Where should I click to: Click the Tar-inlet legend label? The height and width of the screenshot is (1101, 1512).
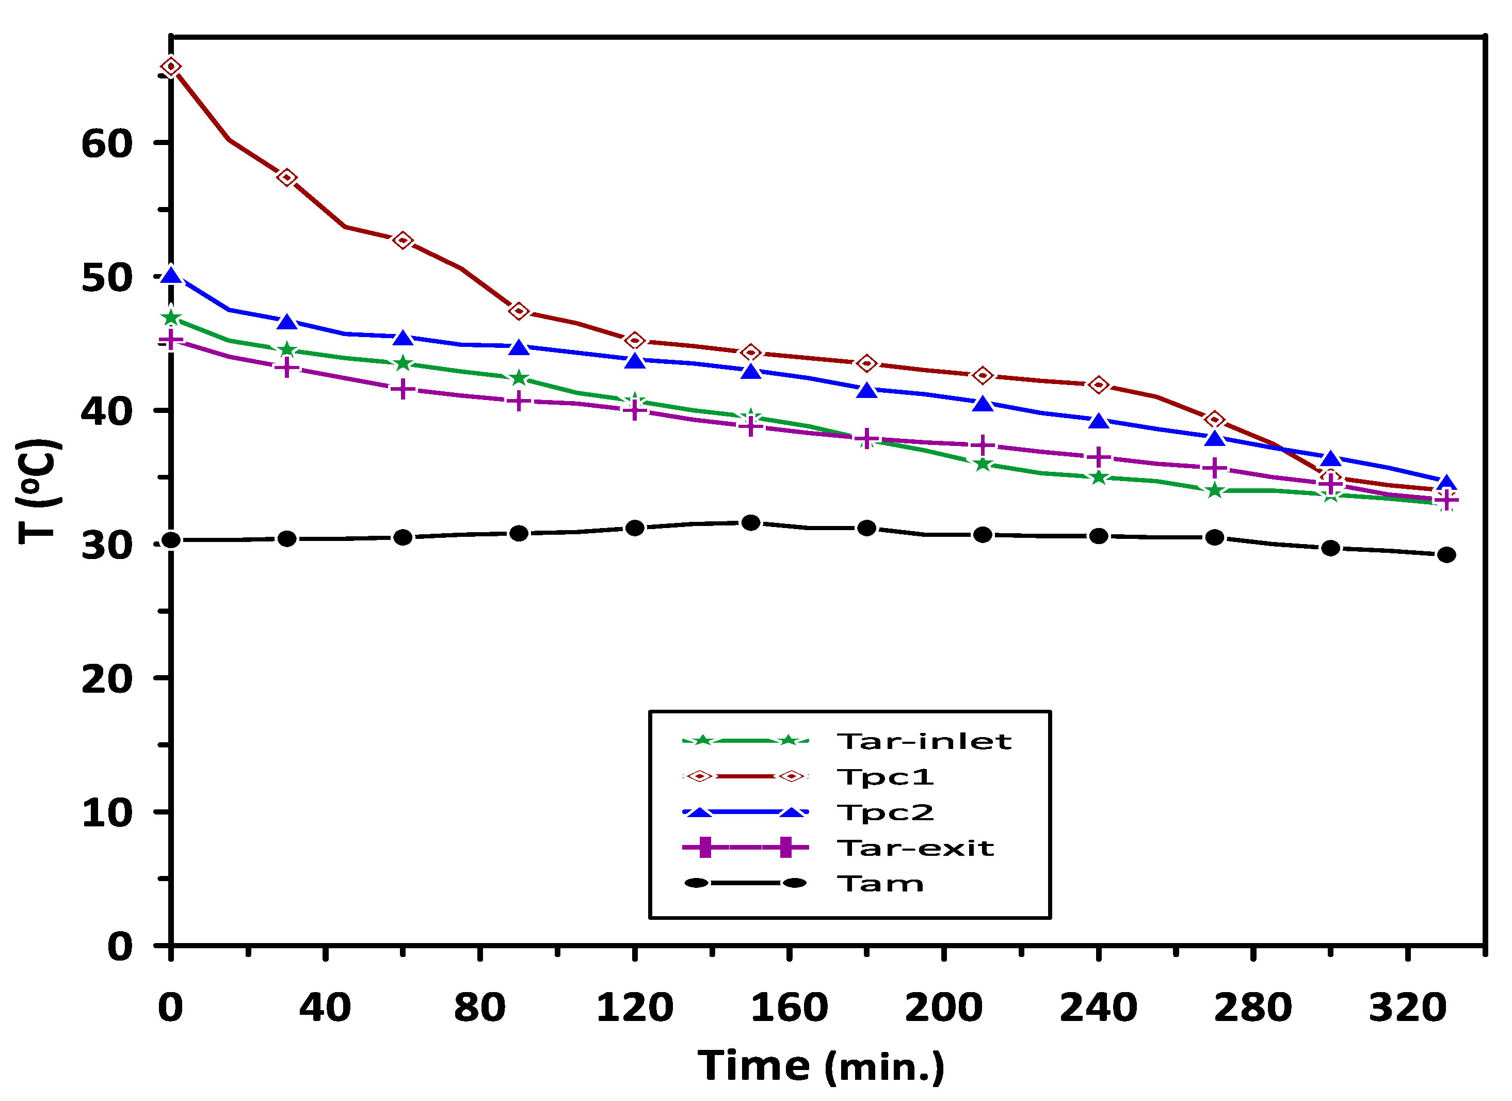[x=924, y=742]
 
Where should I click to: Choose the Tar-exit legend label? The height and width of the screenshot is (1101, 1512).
[x=915, y=848]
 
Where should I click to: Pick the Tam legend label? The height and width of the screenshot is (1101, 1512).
[x=880, y=884]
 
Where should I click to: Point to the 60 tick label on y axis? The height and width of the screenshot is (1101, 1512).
[x=107, y=144]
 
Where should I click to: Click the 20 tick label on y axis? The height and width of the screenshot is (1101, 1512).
[x=107, y=679]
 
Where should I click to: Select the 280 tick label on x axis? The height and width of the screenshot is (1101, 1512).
[x=1252, y=1008]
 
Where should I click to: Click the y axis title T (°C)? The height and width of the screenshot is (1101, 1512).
[x=39, y=491]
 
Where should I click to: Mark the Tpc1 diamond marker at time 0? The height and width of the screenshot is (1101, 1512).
[x=171, y=67]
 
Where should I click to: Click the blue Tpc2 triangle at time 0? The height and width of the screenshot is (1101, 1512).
[x=171, y=276]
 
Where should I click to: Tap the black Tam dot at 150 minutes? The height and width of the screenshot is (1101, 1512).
[x=751, y=523]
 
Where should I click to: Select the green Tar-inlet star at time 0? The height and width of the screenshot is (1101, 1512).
[x=171, y=317]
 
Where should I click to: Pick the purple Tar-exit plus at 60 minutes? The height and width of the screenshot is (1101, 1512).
[x=403, y=389]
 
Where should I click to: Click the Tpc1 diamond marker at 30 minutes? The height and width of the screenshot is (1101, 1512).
[x=287, y=178]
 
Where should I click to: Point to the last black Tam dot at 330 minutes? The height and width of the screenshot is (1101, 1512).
[x=1446, y=555]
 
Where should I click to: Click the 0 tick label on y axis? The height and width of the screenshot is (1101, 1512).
[x=120, y=947]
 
